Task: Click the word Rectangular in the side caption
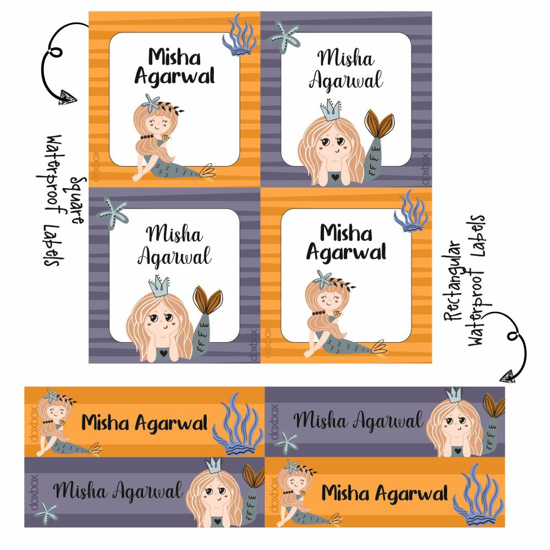pyautogui.click(x=453, y=280)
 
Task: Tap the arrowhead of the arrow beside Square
pyautogui.click(x=67, y=97)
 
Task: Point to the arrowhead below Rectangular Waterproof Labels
pyautogui.click(x=509, y=376)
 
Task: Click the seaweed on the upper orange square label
pyautogui.click(x=239, y=35)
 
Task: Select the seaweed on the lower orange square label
pyautogui.click(x=411, y=211)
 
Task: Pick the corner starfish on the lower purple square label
pyautogui.click(x=113, y=212)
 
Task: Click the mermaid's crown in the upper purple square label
pyautogui.click(x=331, y=110)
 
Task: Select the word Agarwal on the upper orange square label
pyautogui.click(x=174, y=77)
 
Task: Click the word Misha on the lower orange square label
pyautogui.click(x=346, y=233)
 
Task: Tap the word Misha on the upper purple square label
pyautogui.click(x=346, y=58)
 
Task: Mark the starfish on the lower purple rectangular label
pyautogui.click(x=46, y=514)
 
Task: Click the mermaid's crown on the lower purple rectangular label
pyautogui.click(x=213, y=465)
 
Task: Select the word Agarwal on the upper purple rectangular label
pyautogui.click(x=388, y=421)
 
